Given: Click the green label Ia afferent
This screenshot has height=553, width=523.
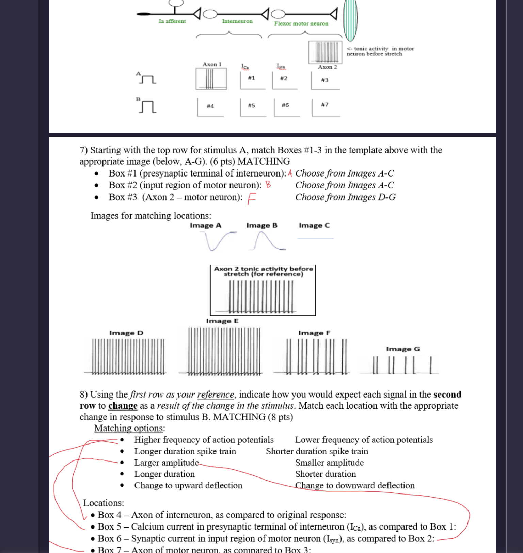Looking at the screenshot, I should (x=172, y=21).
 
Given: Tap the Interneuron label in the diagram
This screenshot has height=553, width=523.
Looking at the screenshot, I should (x=237, y=21).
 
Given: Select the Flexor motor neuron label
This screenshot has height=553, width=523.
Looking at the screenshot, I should (x=301, y=23).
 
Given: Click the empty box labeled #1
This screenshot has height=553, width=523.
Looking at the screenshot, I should (x=252, y=80).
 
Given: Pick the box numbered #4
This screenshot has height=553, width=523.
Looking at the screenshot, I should (x=210, y=107).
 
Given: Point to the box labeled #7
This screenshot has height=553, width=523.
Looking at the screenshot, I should (x=325, y=106).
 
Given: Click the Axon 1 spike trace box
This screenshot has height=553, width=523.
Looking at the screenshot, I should (x=211, y=79).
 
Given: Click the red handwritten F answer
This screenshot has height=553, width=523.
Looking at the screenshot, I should (x=251, y=199).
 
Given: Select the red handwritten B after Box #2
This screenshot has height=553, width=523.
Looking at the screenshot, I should (x=268, y=185).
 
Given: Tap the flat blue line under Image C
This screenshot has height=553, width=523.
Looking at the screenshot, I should (x=315, y=239).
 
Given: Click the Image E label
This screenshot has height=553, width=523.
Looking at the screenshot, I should (x=222, y=321).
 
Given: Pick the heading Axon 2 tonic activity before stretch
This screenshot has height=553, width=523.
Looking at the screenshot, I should (x=263, y=271).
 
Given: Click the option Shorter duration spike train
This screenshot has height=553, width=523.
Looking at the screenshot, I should (x=317, y=451).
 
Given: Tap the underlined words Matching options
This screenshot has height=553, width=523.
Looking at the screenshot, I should (x=129, y=428).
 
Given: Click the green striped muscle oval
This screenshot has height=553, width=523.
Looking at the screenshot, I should (x=350, y=20).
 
